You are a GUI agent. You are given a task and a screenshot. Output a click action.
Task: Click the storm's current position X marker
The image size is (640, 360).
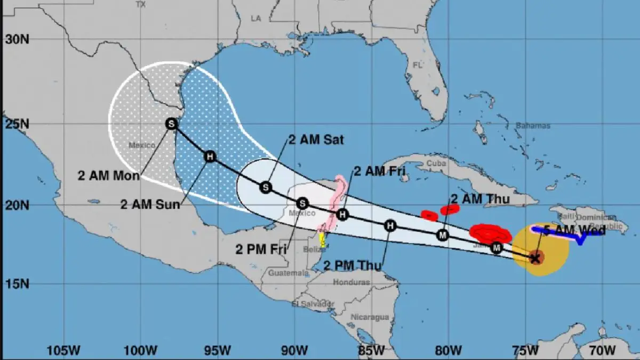point(537,258)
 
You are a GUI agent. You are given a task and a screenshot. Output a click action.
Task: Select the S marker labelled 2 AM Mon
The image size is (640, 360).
point(171,124)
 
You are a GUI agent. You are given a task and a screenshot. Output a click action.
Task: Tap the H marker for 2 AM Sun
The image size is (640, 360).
point(210,157)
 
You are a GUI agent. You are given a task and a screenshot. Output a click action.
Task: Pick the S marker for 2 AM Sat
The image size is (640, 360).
point(266,187)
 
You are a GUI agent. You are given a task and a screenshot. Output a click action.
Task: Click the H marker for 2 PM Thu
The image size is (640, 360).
point(391,226)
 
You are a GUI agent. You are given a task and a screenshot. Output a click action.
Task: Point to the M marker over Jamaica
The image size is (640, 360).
point(497,247)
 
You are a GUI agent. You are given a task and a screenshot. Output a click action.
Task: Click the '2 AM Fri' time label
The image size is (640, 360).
point(379,171)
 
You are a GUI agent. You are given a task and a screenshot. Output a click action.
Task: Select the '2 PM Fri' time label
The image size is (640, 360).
point(261,249)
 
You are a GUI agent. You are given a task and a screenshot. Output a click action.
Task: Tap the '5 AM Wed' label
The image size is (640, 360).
point(574,231)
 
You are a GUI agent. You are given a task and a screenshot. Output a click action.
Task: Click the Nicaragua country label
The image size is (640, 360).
point(370,317)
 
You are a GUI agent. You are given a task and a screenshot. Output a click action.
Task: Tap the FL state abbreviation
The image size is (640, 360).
point(417,65)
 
